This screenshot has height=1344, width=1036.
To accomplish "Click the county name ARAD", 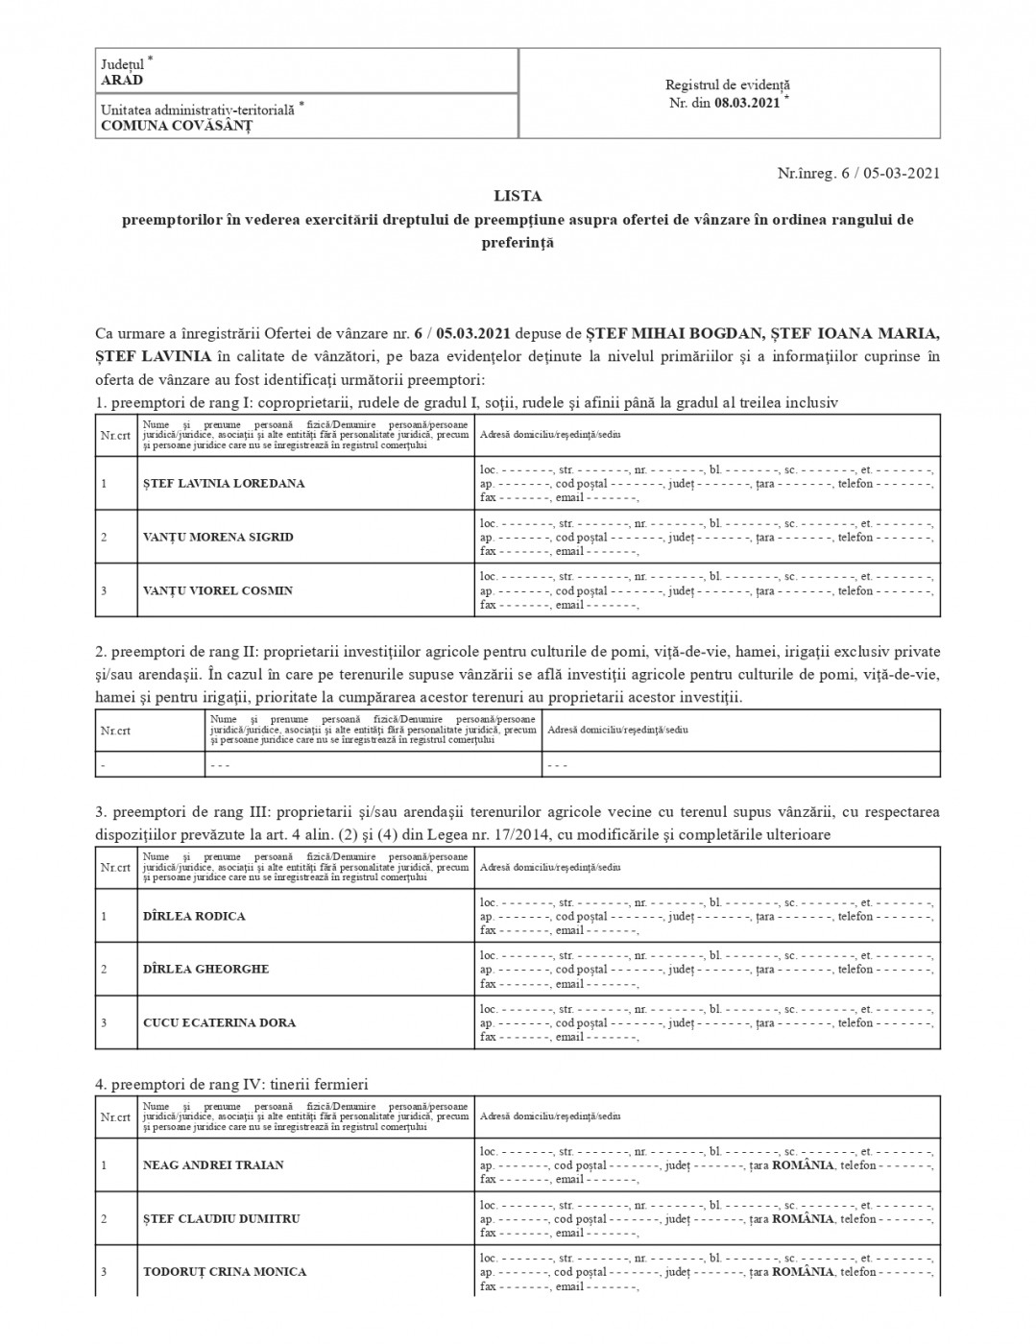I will point(122,81).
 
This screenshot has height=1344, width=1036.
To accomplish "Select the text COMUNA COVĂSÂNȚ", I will point(177,126).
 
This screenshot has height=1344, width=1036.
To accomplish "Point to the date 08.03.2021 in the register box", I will point(747,104).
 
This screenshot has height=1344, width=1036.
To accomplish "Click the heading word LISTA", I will point(518,196).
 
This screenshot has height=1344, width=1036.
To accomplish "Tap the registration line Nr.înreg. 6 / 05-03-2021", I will point(858,174).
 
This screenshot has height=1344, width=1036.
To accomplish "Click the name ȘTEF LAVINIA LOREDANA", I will point(224,484).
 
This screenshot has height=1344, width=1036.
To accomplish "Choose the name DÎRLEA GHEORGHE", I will point(205,970).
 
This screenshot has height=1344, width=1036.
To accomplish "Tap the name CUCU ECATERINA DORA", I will point(219,1023).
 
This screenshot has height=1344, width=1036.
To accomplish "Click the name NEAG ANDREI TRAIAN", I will point(213,1165).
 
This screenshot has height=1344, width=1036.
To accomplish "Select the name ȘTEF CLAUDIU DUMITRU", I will point(222,1219).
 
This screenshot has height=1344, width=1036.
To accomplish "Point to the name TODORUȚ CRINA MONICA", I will point(225,1272).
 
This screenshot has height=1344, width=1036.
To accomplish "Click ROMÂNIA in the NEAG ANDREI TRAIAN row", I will point(803,1165).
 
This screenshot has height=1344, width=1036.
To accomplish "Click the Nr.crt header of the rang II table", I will point(115,731).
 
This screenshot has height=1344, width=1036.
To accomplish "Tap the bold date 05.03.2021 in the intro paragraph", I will point(474,334).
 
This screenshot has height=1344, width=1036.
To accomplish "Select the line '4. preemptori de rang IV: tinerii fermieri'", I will point(231,1085).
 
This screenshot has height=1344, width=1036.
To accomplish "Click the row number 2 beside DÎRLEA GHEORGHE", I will point(104,970).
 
